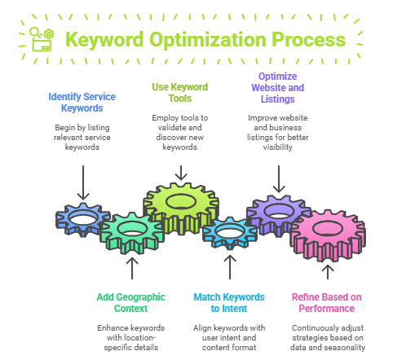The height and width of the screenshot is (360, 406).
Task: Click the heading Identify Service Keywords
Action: click(x=82, y=103)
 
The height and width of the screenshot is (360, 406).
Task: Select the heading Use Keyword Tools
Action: click(x=180, y=93)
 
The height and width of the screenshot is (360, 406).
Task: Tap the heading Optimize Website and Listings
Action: click(x=278, y=88)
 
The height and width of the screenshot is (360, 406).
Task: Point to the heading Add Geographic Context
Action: click(x=131, y=303)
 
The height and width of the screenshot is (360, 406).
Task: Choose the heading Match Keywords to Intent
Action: click(x=229, y=303)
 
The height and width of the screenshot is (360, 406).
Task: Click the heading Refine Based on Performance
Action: click(x=327, y=303)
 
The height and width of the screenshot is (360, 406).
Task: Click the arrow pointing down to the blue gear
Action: click(x=83, y=182)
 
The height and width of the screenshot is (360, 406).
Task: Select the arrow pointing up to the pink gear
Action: click(x=328, y=272)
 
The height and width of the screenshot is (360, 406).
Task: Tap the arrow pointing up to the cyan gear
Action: click(x=230, y=267)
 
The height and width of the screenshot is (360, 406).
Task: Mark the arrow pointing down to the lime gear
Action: click(x=181, y=173)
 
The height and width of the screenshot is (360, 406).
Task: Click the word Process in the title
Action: click(x=309, y=40)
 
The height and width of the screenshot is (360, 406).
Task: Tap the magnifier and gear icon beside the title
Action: click(x=42, y=39)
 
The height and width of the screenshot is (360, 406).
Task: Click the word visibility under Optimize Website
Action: click(x=278, y=147)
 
